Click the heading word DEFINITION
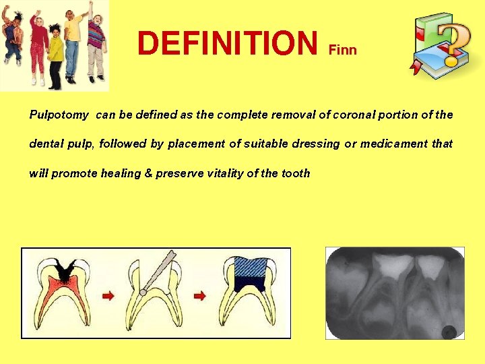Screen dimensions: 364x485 coord(227,43)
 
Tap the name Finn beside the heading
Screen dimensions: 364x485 coord(342,51)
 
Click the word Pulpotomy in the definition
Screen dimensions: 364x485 coord(59,115)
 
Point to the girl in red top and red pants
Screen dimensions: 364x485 coord(38,47)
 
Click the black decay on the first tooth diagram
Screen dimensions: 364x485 coord(65,270)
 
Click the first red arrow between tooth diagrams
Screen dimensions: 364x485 coord(107,295)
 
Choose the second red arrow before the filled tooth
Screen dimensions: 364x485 coord(200,295)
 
